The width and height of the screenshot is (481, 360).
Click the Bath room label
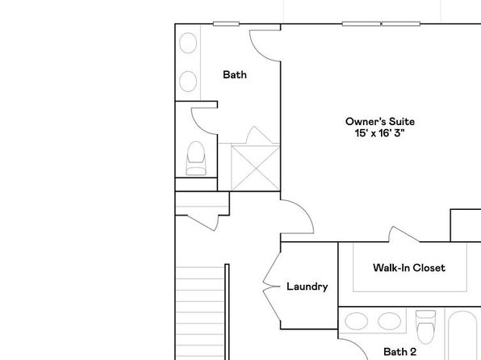[235, 74]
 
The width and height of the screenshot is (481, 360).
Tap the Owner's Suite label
[380, 122]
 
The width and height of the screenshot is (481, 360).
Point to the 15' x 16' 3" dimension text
[380, 133]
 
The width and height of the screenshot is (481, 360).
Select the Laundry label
[307, 287]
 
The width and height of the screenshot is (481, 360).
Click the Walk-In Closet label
[409, 268]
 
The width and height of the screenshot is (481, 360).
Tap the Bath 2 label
[399, 352]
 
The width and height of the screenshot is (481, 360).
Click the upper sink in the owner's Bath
[188, 43]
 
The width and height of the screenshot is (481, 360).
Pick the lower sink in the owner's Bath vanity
[188, 82]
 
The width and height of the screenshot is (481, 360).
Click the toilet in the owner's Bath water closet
[196, 158]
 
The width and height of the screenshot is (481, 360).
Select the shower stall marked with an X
[255, 168]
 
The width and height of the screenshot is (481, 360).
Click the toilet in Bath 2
[425, 327]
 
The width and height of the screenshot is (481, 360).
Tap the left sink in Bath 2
[357, 321]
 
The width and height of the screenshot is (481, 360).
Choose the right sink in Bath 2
[389, 321]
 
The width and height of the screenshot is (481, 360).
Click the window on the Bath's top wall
[227, 23]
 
